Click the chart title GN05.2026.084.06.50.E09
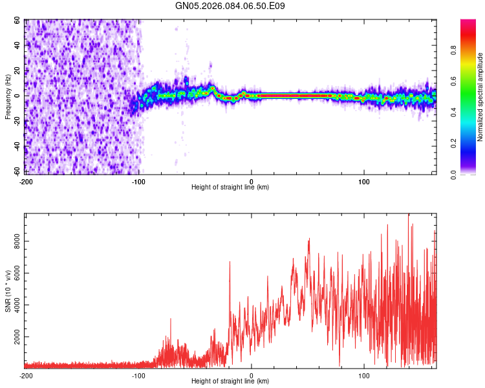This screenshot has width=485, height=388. [x=230, y=6]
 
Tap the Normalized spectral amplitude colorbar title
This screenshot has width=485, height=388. [x=480, y=98]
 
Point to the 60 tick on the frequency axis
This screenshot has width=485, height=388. [x=18, y=21]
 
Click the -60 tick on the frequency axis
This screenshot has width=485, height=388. [x=17, y=171]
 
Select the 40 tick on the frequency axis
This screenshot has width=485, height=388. [x=18, y=46]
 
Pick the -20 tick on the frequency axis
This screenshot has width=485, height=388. [x=17, y=121]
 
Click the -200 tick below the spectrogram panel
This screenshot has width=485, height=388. [x=26, y=181]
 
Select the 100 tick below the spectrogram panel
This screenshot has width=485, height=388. [x=364, y=181]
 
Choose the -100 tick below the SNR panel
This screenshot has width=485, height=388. [x=138, y=375]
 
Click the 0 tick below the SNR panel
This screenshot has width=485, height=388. [x=252, y=375]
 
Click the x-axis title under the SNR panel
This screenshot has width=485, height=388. [x=230, y=382]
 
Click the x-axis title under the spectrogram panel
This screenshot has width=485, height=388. [x=230, y=188]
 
